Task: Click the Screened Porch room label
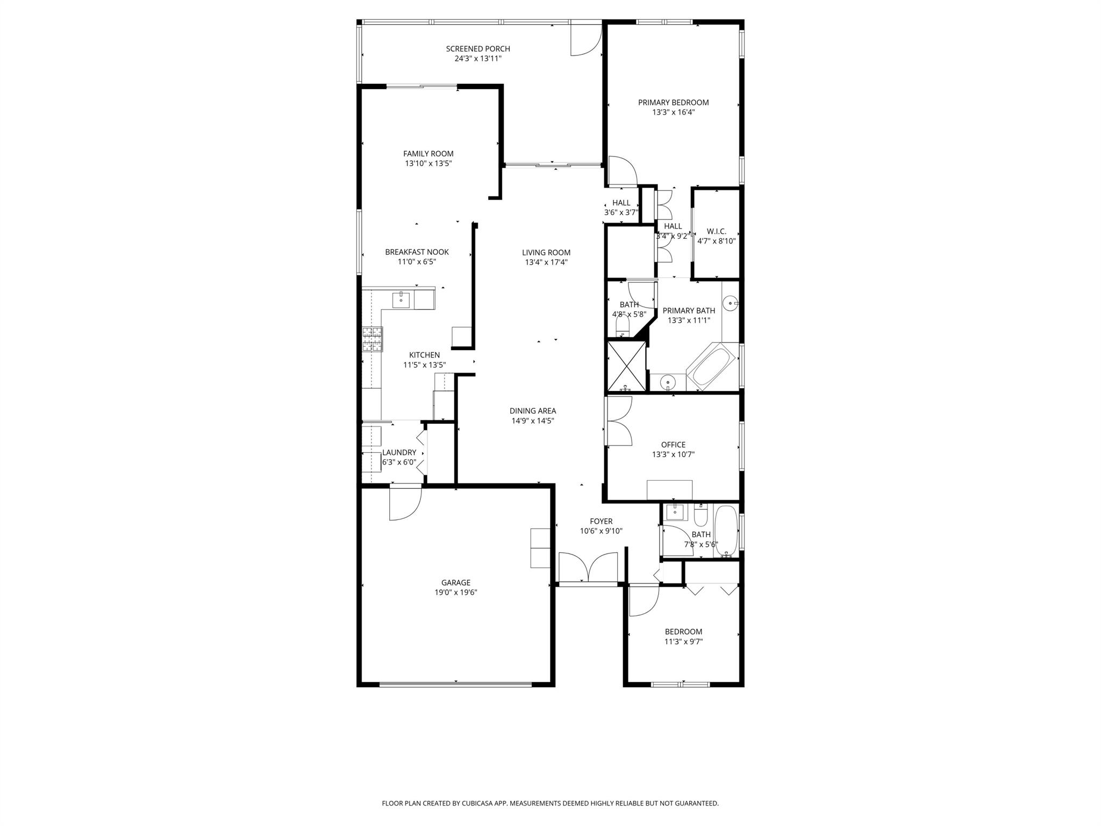[x=477, y=49]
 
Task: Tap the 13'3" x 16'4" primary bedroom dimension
[x=673, y=112]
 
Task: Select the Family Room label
[x=428, y=154]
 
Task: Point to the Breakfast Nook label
[x=417, y=252]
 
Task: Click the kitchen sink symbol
[x=401, y=300]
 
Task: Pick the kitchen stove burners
[x=372, y=339]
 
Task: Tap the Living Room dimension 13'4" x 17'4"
[x=546, y=262]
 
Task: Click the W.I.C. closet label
[x=716, y=231]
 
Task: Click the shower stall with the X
[x=626, y=366]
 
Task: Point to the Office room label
[x=673, y=445]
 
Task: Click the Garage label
[x=456, y=582]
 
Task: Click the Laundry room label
[x=399, y=453]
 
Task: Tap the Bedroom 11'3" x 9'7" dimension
[x=683, y=642]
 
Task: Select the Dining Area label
[x=532, y=411]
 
